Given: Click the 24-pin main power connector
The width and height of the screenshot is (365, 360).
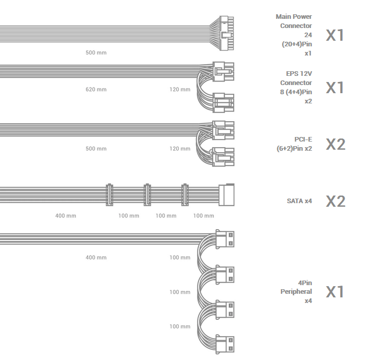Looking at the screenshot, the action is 227,33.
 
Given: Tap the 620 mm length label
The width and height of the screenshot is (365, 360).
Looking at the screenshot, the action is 96,90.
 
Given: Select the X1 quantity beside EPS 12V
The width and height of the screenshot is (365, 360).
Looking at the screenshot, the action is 335,88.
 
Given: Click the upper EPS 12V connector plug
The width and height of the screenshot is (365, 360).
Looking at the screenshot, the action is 223,71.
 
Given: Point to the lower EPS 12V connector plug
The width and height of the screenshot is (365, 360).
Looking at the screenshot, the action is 223,103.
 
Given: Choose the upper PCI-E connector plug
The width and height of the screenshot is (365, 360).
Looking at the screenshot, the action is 223,130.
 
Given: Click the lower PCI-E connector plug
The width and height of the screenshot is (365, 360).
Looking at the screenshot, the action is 223,157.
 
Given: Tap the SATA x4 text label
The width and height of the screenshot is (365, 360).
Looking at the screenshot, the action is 299,201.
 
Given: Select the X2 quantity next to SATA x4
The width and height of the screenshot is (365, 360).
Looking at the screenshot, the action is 335,201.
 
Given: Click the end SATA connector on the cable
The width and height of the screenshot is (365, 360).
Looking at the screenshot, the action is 227,195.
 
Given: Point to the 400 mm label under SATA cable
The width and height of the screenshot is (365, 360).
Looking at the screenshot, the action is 66,216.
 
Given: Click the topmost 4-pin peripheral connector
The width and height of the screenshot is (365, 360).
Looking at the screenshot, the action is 224,239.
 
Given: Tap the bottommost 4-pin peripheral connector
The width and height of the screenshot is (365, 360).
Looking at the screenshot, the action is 224,344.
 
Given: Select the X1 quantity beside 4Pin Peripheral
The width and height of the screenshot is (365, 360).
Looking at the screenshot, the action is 335,292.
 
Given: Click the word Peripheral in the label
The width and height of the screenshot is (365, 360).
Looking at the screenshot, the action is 296,292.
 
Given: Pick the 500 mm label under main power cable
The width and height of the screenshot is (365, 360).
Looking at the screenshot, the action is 96,52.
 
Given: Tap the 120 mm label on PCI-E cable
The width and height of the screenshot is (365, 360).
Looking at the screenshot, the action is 180,149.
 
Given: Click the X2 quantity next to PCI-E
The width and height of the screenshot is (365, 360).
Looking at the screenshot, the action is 335,145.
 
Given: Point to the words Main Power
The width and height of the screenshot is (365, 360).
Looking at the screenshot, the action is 294,17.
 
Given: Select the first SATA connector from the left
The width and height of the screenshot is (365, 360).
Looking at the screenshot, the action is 109,195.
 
